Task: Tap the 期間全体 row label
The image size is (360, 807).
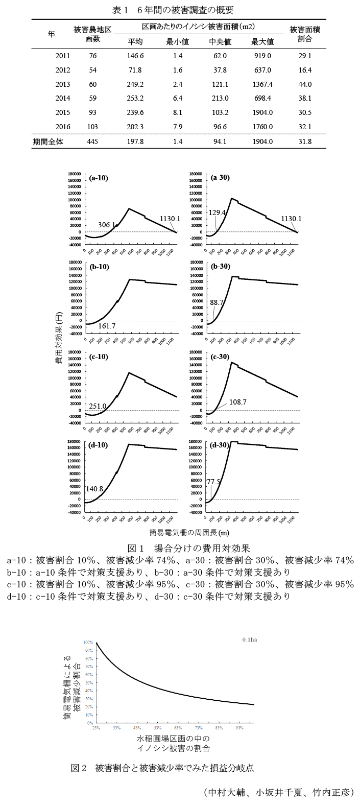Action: click(51, 141)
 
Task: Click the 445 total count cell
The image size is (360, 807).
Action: click(93, 141)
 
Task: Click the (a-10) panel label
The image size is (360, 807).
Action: click(98, 178)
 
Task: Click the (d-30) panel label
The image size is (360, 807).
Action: click(220, 445)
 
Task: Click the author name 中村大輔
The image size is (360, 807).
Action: click(226, 793)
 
